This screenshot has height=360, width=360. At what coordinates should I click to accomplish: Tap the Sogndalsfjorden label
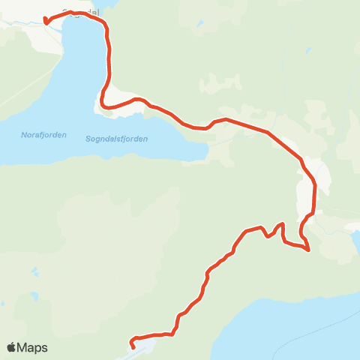[116, 139]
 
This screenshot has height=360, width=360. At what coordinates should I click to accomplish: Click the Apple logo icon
[11, 347]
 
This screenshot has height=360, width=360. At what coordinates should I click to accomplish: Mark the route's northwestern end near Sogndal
[46, 21]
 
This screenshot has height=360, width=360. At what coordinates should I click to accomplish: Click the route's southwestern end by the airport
[133, 346]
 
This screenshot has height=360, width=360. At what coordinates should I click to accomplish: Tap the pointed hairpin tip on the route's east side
[308, 250]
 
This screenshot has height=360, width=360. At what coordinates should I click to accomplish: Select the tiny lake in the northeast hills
[308, 51]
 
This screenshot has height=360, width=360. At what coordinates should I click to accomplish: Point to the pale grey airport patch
[146, 346]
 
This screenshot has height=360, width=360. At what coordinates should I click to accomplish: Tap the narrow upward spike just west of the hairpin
[282, 224]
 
